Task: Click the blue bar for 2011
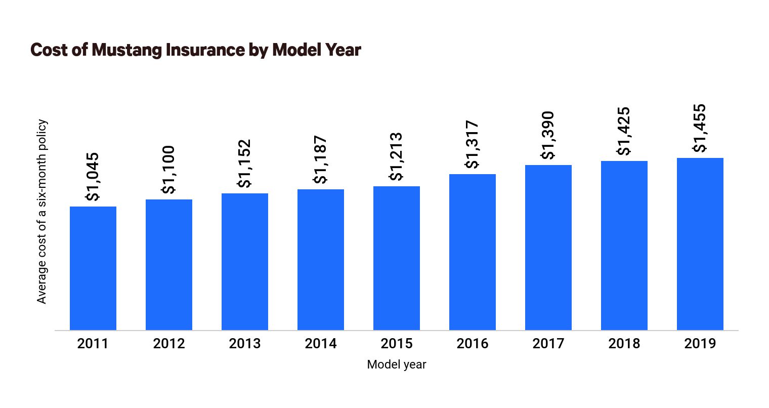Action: pos(93,268)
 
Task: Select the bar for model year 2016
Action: pos(473,252)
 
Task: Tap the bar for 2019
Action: pos(700,244)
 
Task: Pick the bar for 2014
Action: pos(321,260)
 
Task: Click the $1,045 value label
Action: pos(92,177)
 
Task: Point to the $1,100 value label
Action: pos(168,170)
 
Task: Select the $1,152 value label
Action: pos(244,164)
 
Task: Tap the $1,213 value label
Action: pos(396,156)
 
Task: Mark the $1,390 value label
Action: pos(547,135)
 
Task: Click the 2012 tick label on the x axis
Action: pos(169,344)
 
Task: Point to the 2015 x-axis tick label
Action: pos(397,344)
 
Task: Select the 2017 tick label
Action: pos(548,344)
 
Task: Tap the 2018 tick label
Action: pos(624,344)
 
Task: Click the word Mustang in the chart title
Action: pos(126,50)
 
